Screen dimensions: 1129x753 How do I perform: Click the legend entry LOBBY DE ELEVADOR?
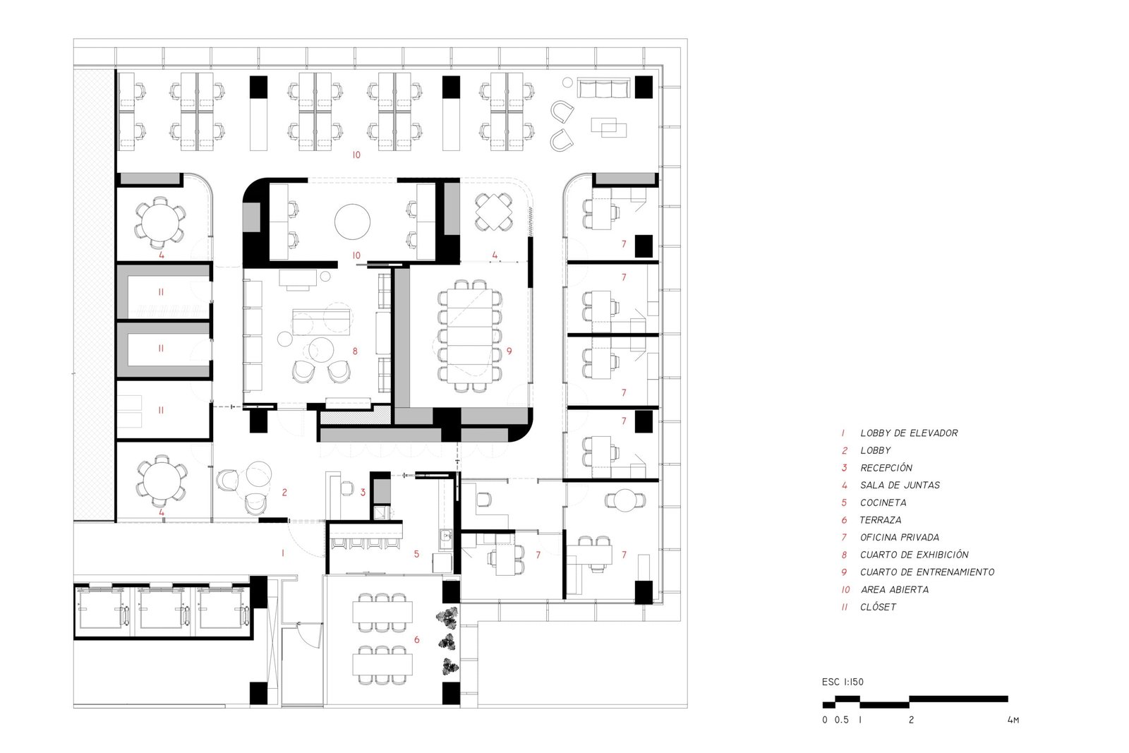pos(909,433)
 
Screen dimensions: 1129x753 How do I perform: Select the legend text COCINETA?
pos(883,502)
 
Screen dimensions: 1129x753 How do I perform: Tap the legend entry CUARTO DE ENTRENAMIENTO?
pos(927,572)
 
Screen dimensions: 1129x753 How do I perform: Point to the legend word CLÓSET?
pos(878,607)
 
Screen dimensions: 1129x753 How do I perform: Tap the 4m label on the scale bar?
pos(1013,720)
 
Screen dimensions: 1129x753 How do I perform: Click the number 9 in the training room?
pos(509,351)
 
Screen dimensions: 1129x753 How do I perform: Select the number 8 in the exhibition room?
pos(356,351)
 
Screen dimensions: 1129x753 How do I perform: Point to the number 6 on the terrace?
pos(417,639)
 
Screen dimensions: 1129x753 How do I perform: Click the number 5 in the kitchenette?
pos(417,554)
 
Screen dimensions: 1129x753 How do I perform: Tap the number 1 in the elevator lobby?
pos(283,553)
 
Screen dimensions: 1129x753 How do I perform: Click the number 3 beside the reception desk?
pos(363,493)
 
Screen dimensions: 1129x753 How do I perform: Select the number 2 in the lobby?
pos(285,493)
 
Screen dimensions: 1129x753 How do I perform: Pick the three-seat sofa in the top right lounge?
pos(603,88)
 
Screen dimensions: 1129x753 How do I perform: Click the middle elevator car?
pos(162,609)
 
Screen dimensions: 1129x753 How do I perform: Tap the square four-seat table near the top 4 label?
pos(494,212)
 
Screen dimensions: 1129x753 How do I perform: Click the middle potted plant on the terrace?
pos(448,643)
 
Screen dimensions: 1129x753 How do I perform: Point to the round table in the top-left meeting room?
pos(160,222)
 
